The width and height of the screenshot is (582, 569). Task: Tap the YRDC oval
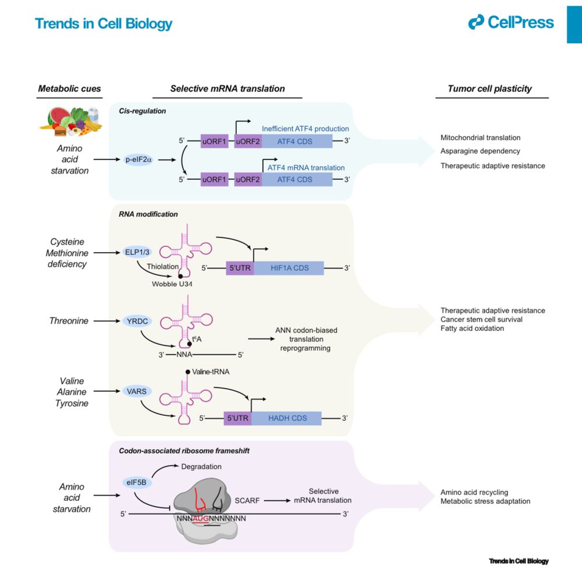point(133,320)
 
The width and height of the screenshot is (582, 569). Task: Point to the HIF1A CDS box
point(289,268)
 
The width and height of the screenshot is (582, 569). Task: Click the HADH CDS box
point(287,418)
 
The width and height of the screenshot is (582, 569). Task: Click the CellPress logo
point(511,23)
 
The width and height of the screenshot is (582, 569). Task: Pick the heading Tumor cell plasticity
point(489,89)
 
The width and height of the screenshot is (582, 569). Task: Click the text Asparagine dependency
point(481,151)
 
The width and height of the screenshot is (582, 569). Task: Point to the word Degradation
point(202,466)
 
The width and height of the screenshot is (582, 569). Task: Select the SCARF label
point(247,500)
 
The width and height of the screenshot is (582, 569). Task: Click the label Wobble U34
point(168,285)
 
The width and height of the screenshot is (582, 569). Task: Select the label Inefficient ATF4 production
point(306,129)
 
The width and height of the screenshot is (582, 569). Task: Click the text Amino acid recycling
point(474,492)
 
